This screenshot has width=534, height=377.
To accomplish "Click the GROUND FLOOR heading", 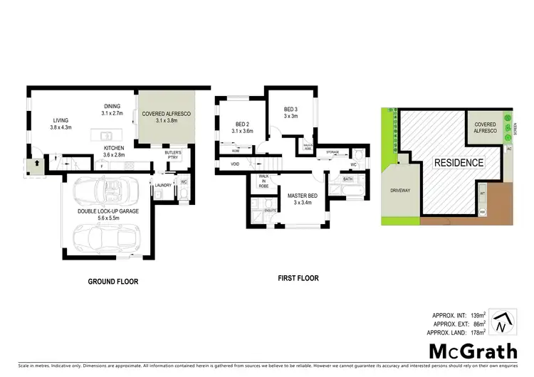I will (x=113, y=281).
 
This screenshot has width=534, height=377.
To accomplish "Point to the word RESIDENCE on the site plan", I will (x=459, y=162).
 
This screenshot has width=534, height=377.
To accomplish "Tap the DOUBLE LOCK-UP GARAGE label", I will (x=112, y=210).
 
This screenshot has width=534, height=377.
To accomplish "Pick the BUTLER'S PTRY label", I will (x=173, y=156).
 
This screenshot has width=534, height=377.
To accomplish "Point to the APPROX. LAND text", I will (x=452, y=332).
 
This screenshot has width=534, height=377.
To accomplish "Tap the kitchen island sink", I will (x=105, y=134).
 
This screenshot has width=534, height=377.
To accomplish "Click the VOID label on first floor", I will (x=235, y=164).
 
